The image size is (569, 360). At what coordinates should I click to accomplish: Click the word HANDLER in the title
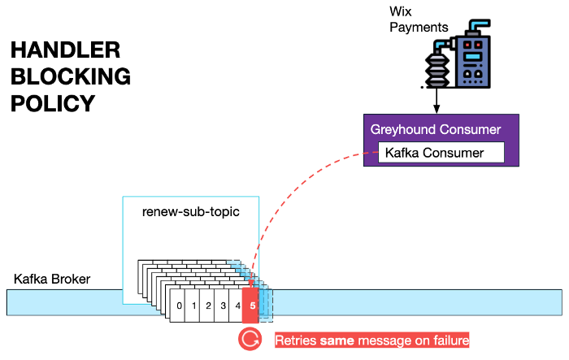[65, 51]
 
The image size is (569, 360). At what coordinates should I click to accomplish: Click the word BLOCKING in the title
[70, 77]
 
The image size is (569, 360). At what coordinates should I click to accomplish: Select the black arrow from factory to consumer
[437, 102]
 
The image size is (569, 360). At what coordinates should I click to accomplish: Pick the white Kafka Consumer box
[442, 152]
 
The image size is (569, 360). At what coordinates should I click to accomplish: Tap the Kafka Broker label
[52, 280]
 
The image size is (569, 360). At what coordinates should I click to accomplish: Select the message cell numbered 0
[179, 306]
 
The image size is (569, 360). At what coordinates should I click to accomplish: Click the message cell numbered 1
[193, 306]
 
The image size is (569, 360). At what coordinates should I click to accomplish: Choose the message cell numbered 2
[208, 306]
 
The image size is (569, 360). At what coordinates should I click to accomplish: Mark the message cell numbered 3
[223, 306]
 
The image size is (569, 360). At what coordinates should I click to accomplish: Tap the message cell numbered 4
[237, 306]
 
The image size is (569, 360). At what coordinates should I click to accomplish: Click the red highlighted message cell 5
[252, 306]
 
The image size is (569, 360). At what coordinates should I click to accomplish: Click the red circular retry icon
[250, 340]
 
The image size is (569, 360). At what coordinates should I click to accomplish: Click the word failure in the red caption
[447, 340]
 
